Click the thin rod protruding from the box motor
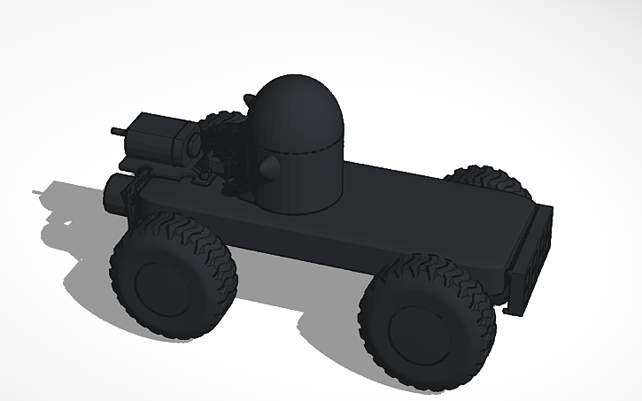click(x=117, y=131)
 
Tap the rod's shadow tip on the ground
click(x=35, y=190)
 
